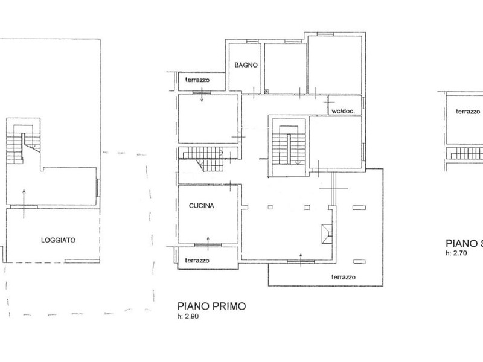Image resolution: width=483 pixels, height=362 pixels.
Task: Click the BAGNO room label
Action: point(246,65)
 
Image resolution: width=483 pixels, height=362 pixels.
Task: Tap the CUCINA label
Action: point(202,206)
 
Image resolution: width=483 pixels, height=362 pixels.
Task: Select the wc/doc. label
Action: point(343,111)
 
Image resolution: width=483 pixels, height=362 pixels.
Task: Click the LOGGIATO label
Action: point(58,240)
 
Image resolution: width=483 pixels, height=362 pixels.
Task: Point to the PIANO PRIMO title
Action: point(212,306)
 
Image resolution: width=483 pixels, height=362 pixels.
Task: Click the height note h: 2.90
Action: point(188,316)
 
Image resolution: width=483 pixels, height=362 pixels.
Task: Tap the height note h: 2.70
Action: point(456,253)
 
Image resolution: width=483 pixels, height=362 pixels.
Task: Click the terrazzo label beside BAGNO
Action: point(197,80)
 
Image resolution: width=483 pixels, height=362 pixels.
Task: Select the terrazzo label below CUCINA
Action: point(197,261)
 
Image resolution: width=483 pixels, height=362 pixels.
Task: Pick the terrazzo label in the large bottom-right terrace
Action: point(344,277)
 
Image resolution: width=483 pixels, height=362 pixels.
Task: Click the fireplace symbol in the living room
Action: point(327,234)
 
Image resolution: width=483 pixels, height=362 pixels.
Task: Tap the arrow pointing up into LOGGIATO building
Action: point(24,204)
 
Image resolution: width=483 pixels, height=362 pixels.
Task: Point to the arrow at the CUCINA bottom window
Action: point(208,244)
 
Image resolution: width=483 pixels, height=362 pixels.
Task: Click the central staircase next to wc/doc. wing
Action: point(289,145)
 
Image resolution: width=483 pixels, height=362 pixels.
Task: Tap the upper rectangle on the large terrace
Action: point(359,208)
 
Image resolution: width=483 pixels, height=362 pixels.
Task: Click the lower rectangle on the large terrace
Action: point(359,262)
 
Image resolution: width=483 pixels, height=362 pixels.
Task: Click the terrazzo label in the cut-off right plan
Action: point(468,112)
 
